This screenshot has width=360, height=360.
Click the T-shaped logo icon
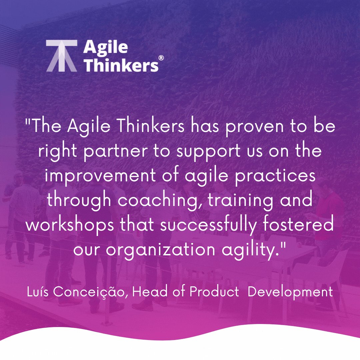pyautogui.click(x=62, y=56)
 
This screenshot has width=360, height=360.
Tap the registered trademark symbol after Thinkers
pyautogui.click(x=161, y=58)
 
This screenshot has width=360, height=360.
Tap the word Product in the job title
pyautogui.click(x=214, y=292)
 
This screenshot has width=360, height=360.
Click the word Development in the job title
pyautogui.click(x=290, y=292)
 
